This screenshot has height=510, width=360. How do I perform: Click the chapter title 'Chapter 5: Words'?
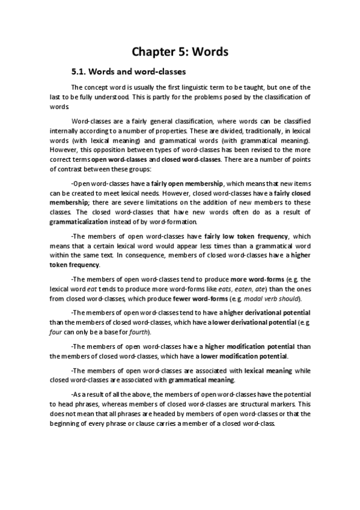tap(180, 52)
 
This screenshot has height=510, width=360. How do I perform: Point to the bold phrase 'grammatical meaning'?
tap(201, 380)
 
